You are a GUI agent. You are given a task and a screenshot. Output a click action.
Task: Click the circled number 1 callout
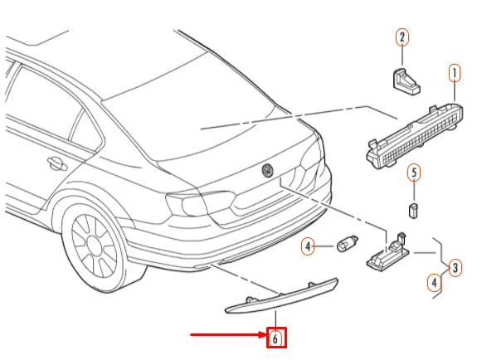tap(455, 73)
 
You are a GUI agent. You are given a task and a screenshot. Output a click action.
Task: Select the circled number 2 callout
tap(402, 37)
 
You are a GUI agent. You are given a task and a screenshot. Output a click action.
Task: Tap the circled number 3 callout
tap(455, 268)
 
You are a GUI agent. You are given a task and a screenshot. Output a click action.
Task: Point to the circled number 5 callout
tap(414, 173)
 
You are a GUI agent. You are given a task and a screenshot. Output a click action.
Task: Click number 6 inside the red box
tap(275, 338)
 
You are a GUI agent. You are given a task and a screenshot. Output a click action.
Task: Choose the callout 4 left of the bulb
tap(308, 246)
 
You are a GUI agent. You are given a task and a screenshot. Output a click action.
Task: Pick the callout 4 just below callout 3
tap(434, 283)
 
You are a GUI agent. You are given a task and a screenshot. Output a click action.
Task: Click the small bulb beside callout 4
tap(348, 244)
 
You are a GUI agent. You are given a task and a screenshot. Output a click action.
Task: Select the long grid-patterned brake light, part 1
tap(415, 136)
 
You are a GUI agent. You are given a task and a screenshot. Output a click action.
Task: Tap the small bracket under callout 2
tap(407, 81)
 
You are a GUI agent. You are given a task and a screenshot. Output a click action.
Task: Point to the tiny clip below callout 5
tap(414, 211)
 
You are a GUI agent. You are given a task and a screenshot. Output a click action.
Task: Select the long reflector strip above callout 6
tap(281, 297)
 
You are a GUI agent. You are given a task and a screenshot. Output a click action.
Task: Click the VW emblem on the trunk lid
tap(268, 170)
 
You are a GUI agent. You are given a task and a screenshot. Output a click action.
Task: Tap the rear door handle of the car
tap(57, 164)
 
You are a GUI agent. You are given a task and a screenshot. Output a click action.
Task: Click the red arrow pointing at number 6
tap(229, 334)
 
